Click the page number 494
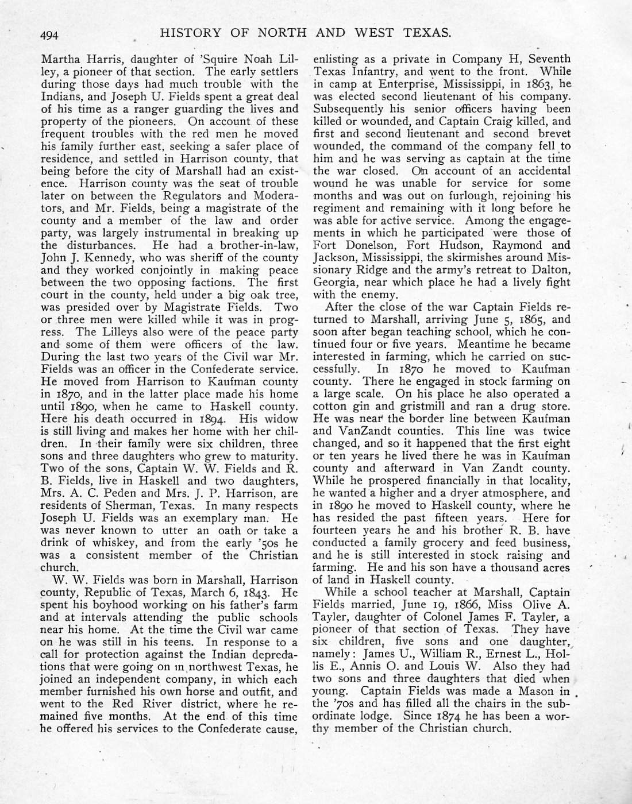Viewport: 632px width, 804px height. [x=50, y=35]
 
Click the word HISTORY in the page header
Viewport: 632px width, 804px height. [x=190, y=33]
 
